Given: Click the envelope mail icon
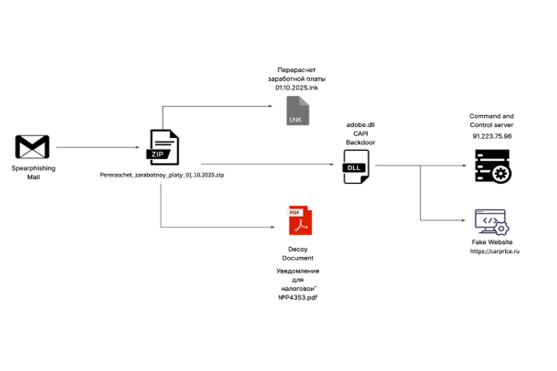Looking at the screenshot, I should [x=32, y=147].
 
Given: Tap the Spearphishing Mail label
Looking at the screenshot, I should [x=33, y=173].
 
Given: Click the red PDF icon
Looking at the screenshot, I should [x=298, y=221].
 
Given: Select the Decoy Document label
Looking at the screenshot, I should [x=298, y=253].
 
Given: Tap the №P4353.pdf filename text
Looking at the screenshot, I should [x=298, y=297].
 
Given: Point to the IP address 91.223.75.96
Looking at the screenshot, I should [x=492, y=136].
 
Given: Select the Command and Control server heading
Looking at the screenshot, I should [x=492, y=120].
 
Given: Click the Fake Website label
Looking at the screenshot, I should [x=492, y=242].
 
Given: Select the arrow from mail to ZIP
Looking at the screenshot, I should [x=98, y=147].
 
